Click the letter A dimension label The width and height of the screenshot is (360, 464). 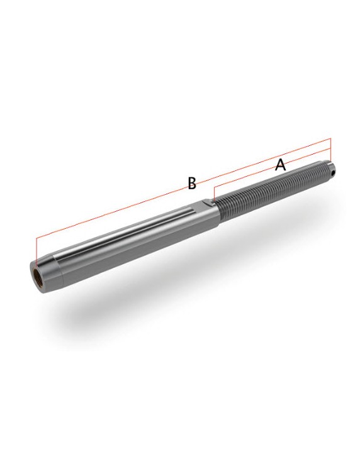click(x=280, y=165)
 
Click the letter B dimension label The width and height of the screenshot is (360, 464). click(x=192, y=183)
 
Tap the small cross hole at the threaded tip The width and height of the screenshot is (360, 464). click(x=333, y=172)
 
